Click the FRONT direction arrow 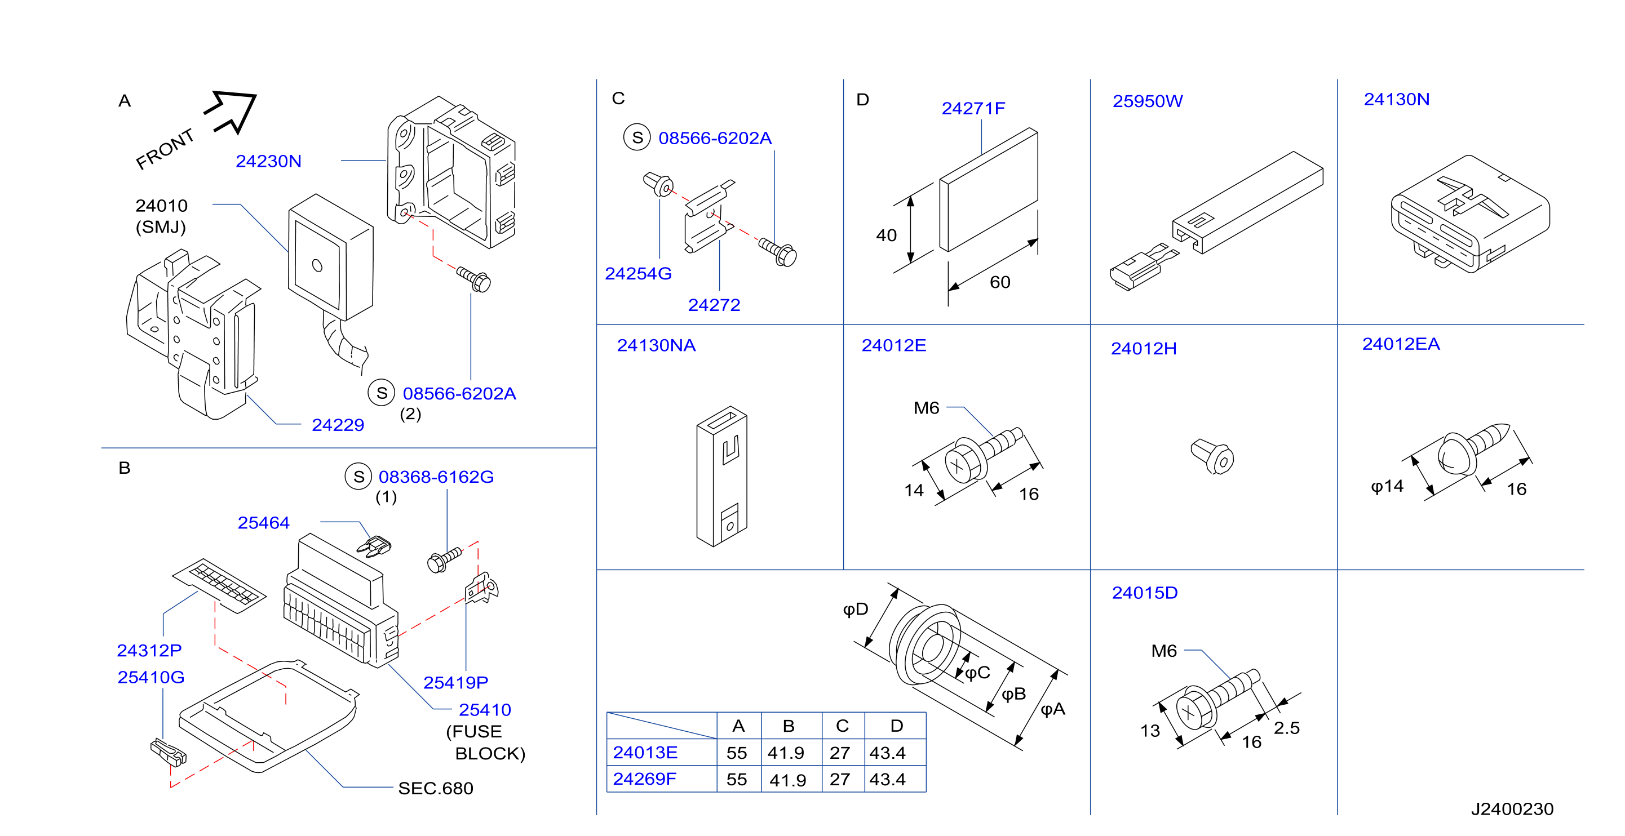pyautogui.click(x=232, y=112)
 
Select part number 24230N pyautogui.click(x=268, y=162)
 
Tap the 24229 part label pyautogui.click(x=338, y=425)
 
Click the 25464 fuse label pyautogui.click(x=263, y=523)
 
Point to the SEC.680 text pyautogui.click(x=435, y=788)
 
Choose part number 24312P pyautogui.click(x=149, y=650)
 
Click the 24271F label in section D pyautogui.click(x=973, y=108)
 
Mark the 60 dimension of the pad pyautogui.click(x=1000, y=282)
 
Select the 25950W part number pyautogui.click(x=1148, y=101)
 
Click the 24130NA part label pyautogui.click(x=656, y=345)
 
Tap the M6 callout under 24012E pyautogui.click(x=926, y=408)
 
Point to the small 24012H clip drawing pyautogui.click(x=1212, y=456)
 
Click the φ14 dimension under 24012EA pyautogui.click(x=1387, y=486)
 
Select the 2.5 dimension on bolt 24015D pyautogui.click(x=1286, y=728)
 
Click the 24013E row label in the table pyautogui.click(x=645, y=752)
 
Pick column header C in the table pyautogui.click(x=842, y=726)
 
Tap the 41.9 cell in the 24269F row pyautogui.click(x=787, y=780)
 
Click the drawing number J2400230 pyautogui.click(x=1512, y=809)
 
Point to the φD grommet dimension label pyautogui.click(x=856, y=609)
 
